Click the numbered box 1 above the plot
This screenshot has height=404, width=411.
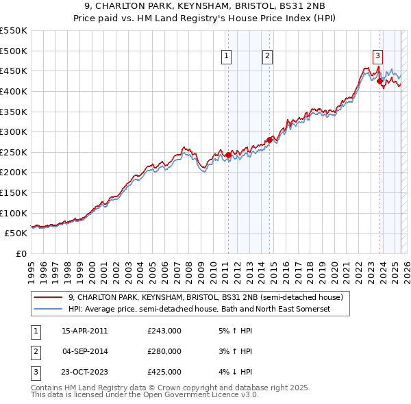click(226, 57)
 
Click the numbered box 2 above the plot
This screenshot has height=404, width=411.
click(267, 57)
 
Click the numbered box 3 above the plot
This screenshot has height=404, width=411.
click(377, 57)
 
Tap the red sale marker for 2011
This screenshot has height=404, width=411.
click(228, 155)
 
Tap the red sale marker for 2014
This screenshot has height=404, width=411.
click(269, 140)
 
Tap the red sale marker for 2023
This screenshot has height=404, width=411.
click(379, 81)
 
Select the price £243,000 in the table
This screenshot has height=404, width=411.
click(164, 331)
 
